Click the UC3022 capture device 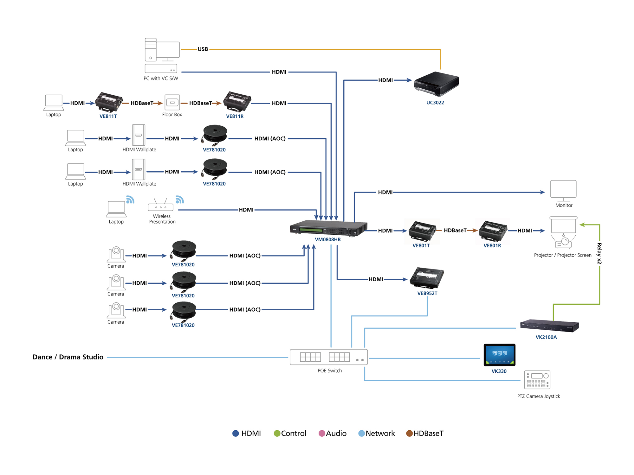click(436, 84)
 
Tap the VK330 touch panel click(499, 355)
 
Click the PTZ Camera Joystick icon click(537, 380)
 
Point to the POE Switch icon click(329, 357)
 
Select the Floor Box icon click(172, 103)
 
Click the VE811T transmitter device click(109, 102)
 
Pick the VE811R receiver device click(237, 101)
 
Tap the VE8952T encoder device click(427, 278)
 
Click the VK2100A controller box click(549, 326)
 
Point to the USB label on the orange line click(203, 49)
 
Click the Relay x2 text click(599, 253)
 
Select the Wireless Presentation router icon click(161, 205)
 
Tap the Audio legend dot click(322, 433)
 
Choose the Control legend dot click(277, 433)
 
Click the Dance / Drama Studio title click(68, 357)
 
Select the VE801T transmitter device click(422, 231)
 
